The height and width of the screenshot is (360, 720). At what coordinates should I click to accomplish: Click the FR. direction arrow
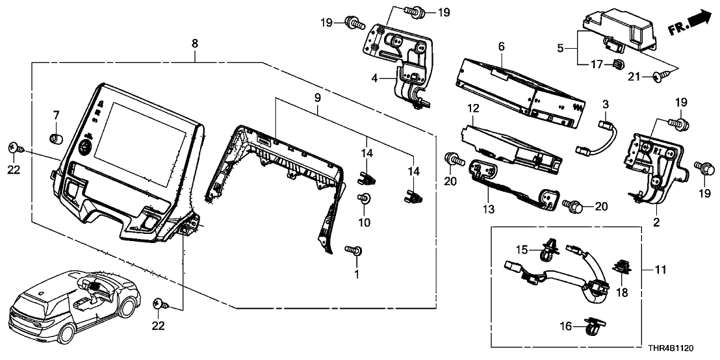pos(691,27)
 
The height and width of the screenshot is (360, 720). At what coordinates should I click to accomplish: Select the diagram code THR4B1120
pos(682,348)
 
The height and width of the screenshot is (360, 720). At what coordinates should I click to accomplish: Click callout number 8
pos(194,43)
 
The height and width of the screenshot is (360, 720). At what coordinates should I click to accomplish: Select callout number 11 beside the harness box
pos(662,268)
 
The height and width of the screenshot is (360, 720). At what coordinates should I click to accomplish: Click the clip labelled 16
pos(595,328)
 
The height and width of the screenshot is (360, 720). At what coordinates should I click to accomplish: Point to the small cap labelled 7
pos(57,138)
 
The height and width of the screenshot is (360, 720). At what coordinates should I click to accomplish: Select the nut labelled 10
pos(365,199)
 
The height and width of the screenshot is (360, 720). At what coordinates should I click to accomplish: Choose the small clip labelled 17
pos(618,64)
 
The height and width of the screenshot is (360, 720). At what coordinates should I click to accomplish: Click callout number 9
pos(317,97)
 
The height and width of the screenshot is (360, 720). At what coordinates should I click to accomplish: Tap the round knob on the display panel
pos(85,148)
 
